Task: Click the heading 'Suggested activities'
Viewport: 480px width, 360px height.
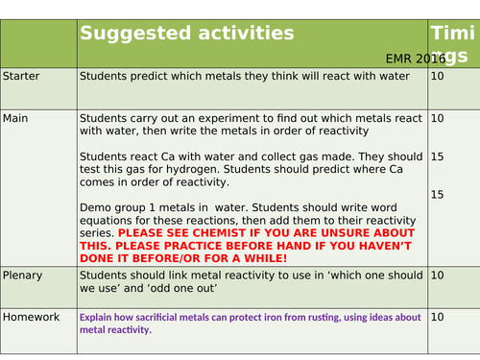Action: pos(186,34)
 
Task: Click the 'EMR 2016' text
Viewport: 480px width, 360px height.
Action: pos(416,59)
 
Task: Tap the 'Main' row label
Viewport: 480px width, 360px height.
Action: pos(16,118)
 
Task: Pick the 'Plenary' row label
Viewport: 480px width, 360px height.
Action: pos(24,276)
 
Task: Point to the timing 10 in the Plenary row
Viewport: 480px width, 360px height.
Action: pos(438,276)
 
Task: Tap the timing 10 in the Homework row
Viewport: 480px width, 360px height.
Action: pos(438,316)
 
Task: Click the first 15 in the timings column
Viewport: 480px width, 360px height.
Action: pos(438,156)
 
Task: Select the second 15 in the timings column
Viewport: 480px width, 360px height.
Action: pos(438,195)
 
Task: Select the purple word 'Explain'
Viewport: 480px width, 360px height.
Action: pos(98,316)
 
